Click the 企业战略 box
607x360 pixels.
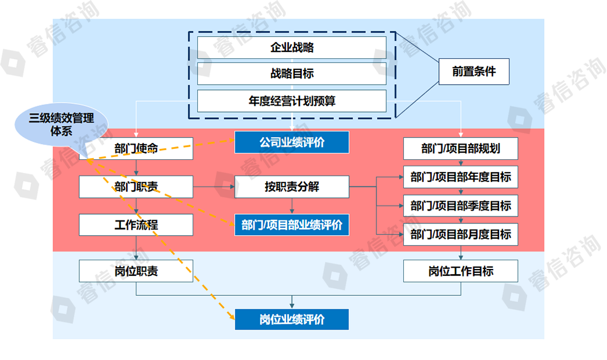(292, 47)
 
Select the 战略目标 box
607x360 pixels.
(292, 74)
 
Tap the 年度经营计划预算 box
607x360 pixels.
(292, 101)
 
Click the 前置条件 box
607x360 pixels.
(474, 71)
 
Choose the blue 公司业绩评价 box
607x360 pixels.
(292, 142)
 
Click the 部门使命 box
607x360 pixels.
(136, 149)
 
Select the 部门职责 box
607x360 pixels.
(136, 187)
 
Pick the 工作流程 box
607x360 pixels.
(136, 225)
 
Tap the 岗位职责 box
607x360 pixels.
(136, 271)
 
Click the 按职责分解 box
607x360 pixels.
(292, 187)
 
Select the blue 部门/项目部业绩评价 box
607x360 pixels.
(292, 225)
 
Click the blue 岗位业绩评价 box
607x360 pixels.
(292, 320)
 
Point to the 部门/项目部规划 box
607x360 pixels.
(461, 148)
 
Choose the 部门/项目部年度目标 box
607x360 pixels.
(461, 177)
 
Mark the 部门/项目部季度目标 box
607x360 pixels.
(461, 205)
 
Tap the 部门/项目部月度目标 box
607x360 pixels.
(461, 234)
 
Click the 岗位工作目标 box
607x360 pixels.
(461, 271)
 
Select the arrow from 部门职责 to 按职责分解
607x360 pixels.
(214, 187)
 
